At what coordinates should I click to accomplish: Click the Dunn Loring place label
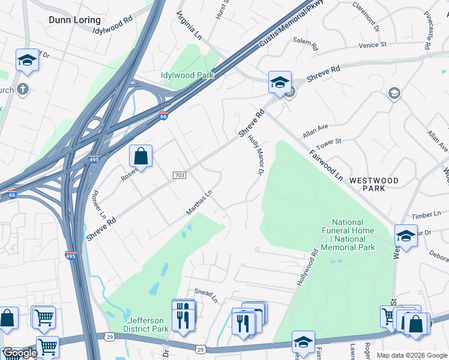coord(74,20)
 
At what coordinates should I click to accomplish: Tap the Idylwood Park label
coord(187,75)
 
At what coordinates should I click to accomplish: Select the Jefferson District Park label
coord(146,325)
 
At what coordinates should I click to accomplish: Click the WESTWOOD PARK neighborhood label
coord(391,184)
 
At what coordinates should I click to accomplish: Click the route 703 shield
coord(178,175)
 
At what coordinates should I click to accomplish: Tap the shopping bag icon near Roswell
coord(140,157)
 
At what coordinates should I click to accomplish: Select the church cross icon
coord(23,89)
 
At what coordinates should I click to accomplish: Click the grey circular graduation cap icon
coord(394,93)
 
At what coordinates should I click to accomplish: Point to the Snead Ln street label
coord(205,293)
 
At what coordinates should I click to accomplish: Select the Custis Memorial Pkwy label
coord(291,25)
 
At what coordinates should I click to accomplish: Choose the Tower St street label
coord(330,142)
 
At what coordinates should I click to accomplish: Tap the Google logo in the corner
coord(20,353)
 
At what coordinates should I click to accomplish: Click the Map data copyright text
coord(412,355)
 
